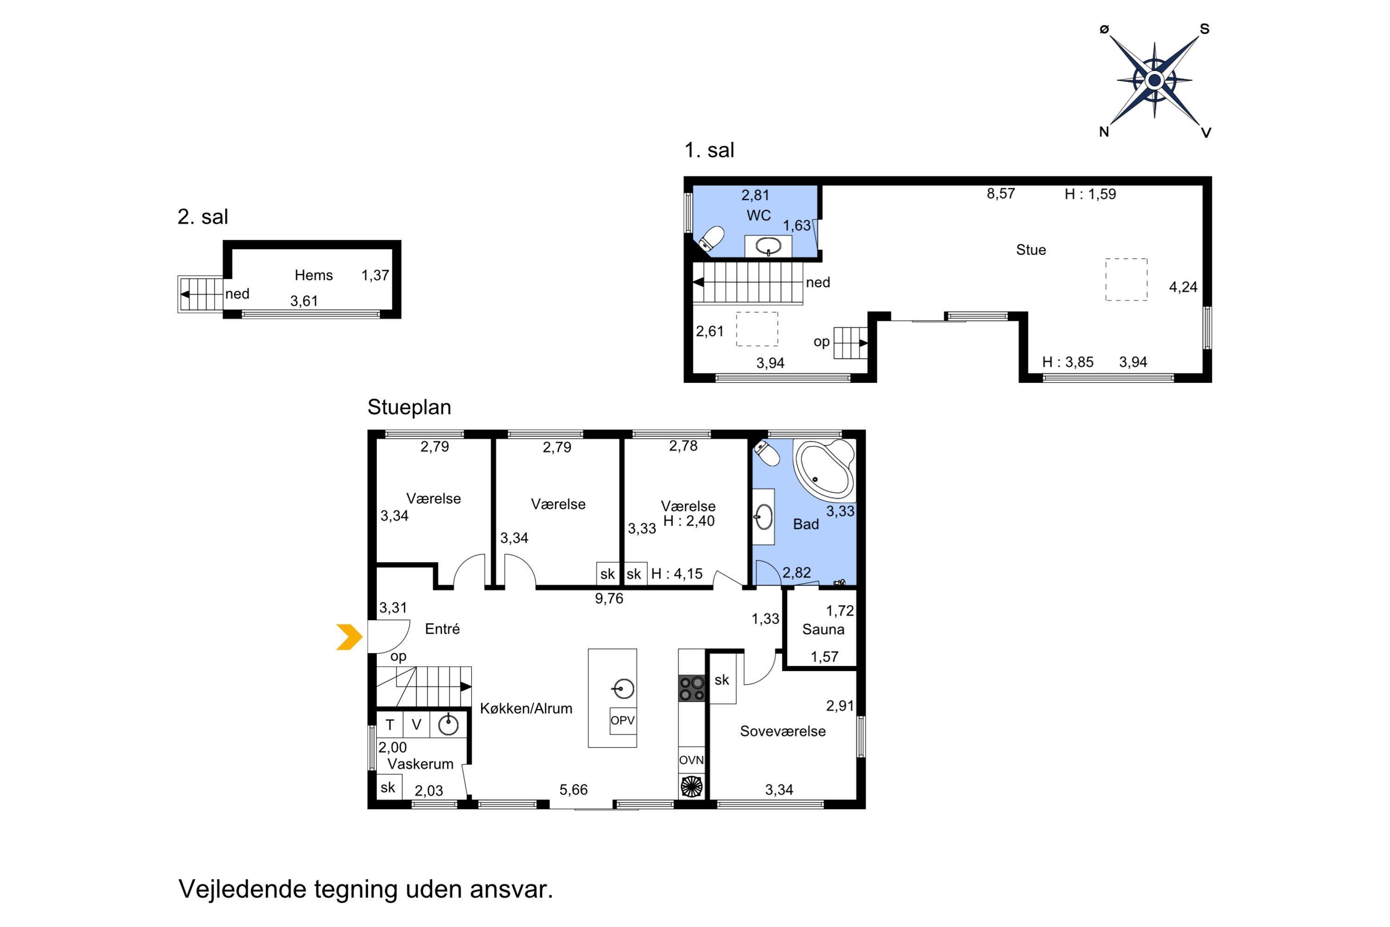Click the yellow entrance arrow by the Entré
pos(350,637)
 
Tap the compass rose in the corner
pos(1154,80)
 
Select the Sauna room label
pos(823,629)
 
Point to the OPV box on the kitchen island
pos(622,721)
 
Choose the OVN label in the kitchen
pos(691,760)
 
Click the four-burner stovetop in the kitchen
pos(691,688)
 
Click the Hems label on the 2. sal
pos(314,275)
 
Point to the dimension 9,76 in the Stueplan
pos(609,599)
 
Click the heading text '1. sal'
pos(709,150)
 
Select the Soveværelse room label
pos(783,731)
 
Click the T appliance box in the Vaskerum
pos(390,725)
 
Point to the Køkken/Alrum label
pos(526,709)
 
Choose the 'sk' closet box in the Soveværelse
pos(722,680)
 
